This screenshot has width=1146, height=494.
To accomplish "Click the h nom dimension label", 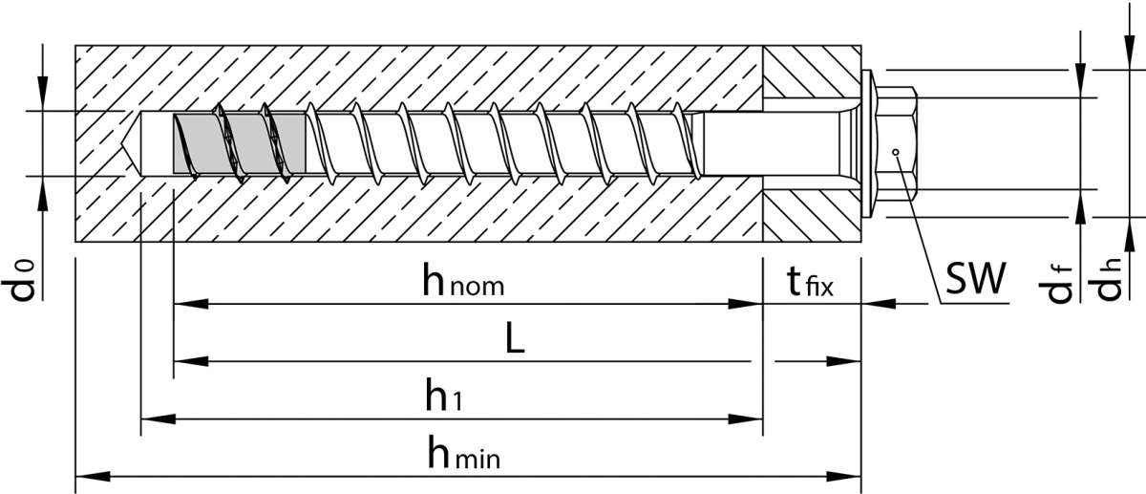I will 463,282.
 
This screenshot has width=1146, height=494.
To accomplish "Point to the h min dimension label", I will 464,456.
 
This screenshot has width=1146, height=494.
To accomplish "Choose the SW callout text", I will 976,280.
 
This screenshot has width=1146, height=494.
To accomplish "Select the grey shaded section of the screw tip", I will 234,144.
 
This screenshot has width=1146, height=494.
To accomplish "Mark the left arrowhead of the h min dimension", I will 88,475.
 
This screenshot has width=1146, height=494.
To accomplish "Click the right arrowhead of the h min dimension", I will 849,475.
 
